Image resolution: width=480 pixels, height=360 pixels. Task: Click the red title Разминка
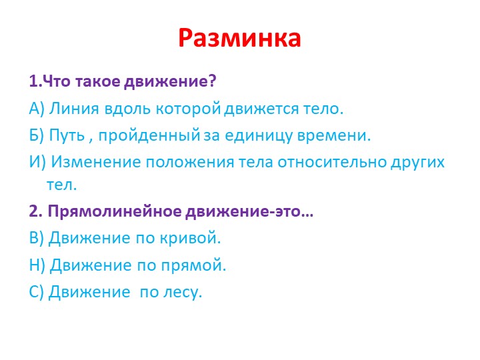240,39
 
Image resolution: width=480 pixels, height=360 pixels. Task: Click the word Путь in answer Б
67,135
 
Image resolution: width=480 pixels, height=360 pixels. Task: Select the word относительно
329,163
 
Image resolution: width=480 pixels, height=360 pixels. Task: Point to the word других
416,163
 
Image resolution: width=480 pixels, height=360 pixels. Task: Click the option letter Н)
37,265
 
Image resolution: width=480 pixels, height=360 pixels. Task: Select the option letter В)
37,238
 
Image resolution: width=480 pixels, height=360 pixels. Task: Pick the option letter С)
37,292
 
